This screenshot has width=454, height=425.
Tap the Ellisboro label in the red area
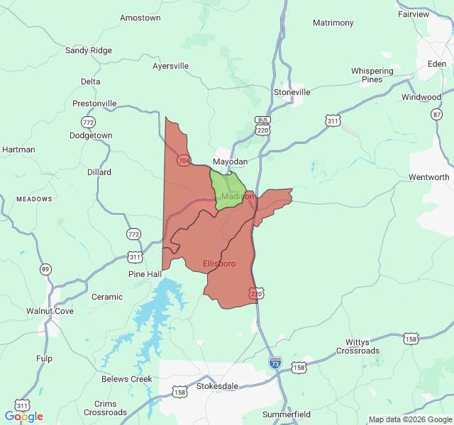[219, 263]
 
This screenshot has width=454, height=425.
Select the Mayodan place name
[231, 161]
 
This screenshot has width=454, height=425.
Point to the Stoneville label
[292, 92]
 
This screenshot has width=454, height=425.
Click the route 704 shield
[184, 161]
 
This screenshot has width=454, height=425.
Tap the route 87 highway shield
[436, 113]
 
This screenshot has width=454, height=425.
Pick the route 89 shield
[46, 268]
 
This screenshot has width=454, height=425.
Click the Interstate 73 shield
[275, 363]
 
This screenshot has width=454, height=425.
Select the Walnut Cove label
[50, 311]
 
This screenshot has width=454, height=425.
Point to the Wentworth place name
[429, 176]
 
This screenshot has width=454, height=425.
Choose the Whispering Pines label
[372, 75]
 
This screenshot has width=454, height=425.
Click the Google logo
[23, 416]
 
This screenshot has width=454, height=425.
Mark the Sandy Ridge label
[89, 50]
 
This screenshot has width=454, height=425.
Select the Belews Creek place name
[127, 379]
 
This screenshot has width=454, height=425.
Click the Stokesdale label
[218, 387]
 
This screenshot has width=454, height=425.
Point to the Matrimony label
[333, 23]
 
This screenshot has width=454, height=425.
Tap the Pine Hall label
[145, 274]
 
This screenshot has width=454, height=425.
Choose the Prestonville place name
[94, 103]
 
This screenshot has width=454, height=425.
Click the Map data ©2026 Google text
[409, 419]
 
